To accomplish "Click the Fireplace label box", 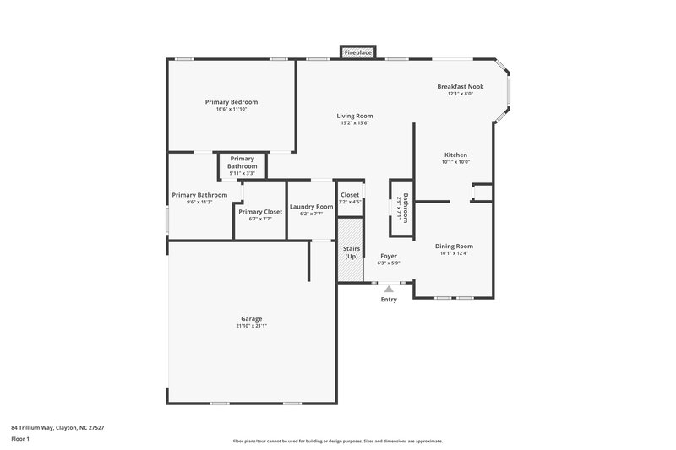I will [357, 53].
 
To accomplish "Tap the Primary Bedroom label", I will [231, 102].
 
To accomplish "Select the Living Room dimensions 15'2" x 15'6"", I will [356, 123].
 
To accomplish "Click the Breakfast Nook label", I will [461, 87].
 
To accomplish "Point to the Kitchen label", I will [455, 155].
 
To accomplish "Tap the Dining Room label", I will [454, 246].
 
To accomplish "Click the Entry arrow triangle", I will [389, 289].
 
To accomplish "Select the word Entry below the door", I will [389, 300].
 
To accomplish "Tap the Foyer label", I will [389, 256].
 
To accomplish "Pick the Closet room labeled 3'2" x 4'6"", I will [350, 198].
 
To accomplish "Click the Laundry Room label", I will [311, 207].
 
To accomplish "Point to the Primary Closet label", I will [260, 212].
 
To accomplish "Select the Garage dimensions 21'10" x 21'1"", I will [251, 326].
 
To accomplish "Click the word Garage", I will [251, 318].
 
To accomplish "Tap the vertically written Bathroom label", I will [406, 207].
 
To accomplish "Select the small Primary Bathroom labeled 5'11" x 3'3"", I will [242, 162].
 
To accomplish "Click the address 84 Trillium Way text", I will [57, 427].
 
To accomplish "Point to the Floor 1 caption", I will [20, 440].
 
